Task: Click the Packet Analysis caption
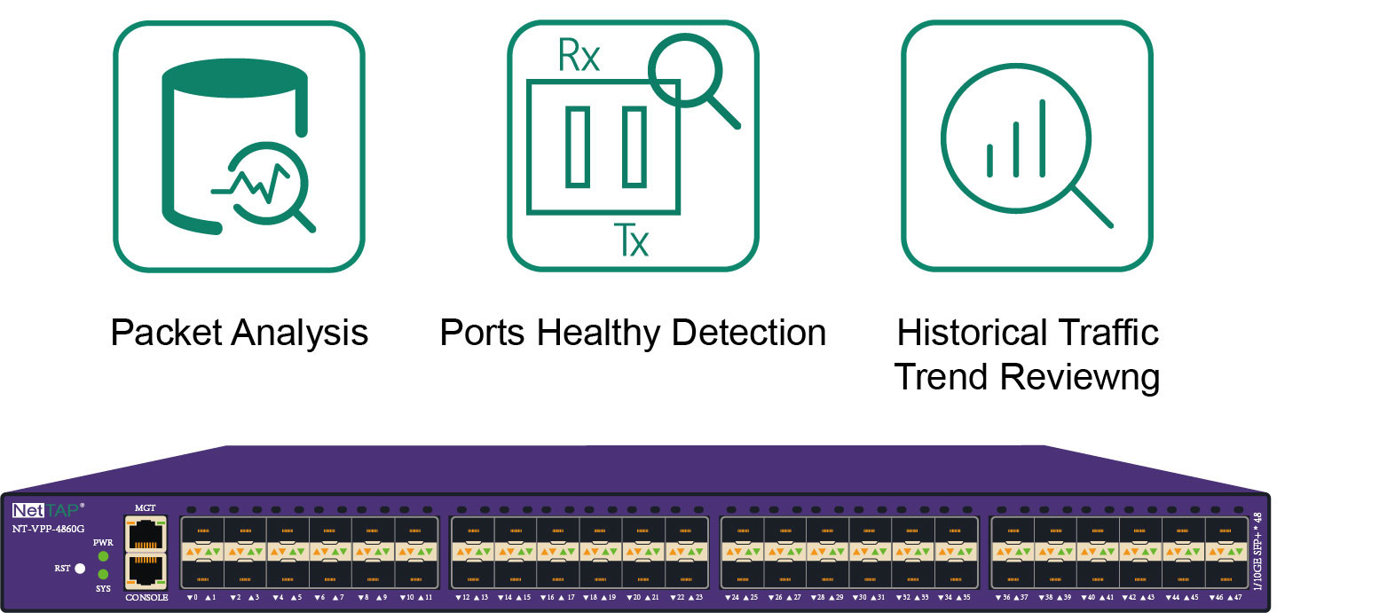point(239,333)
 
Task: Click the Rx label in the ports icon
point(579,56)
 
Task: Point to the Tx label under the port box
point(631,240)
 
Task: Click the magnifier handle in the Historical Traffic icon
point(1092,207)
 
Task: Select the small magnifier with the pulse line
point(268,185)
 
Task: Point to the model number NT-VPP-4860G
point(48,529)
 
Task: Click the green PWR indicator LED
point(104,556)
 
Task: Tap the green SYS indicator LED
point(104,574)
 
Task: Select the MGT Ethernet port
point(146,534)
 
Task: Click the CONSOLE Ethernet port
point(146,570)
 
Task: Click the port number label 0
point(195,598)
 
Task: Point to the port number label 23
point(698,598)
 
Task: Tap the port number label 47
point(1237,598)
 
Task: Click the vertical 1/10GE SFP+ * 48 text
point(1257,550)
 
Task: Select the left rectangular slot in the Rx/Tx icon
point(578,146)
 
